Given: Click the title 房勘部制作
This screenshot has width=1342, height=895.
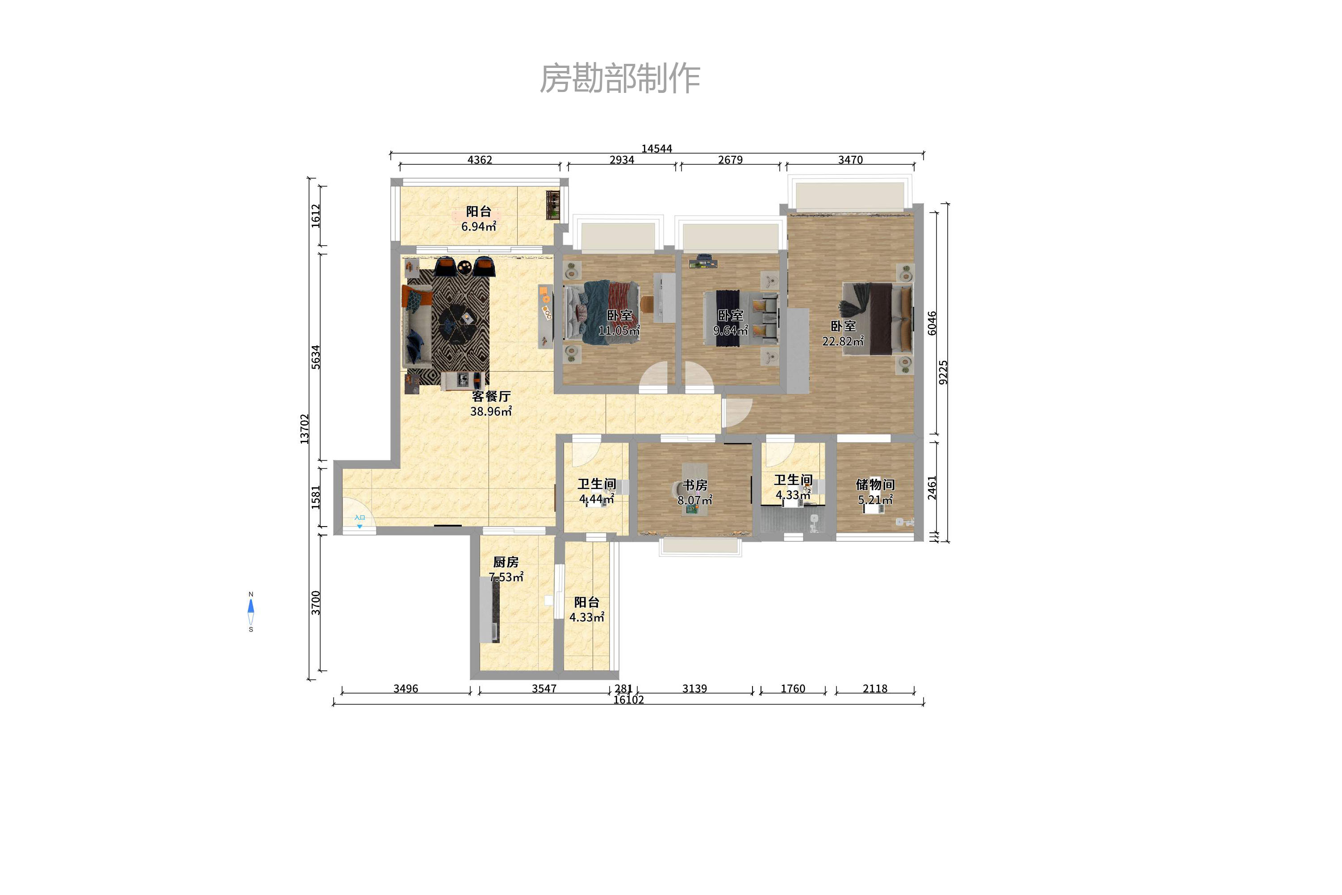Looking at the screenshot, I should click(620, 78).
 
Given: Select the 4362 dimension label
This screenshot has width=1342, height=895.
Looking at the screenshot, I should click(480, 160).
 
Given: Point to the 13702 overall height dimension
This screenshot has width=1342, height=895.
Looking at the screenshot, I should click(304, 429).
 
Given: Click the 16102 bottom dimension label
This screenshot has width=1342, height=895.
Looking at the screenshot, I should click(628, 700).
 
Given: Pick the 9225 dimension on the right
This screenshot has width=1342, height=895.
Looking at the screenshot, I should click(943, 372).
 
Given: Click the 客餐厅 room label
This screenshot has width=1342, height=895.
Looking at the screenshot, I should click(491, 396).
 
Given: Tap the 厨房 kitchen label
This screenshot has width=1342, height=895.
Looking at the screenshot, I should click(506, 562).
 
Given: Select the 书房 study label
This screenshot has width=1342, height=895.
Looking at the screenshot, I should click(695, 485).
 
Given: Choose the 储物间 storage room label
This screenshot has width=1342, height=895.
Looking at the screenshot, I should click(875, 485).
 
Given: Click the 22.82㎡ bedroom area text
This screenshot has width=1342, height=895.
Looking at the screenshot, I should click(843, 341).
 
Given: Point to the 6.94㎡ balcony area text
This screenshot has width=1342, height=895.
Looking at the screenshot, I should click(478, 226).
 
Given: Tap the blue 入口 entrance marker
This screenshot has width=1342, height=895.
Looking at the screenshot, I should click(360, 521).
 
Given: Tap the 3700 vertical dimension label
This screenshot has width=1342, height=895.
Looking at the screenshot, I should click(316, 603).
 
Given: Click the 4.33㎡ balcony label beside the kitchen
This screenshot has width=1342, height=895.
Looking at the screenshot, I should click(587, 610).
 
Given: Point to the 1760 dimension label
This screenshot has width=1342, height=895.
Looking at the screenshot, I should click(793, 689).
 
